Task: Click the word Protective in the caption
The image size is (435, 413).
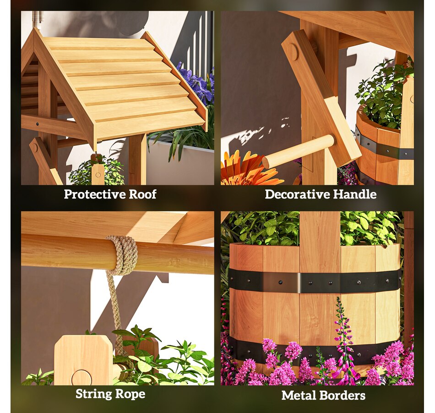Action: [93, 194]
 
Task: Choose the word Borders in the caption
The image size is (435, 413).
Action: [344, 396]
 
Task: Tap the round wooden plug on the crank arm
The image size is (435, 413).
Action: [293, 52]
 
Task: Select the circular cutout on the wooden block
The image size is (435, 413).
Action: [82, 378]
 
